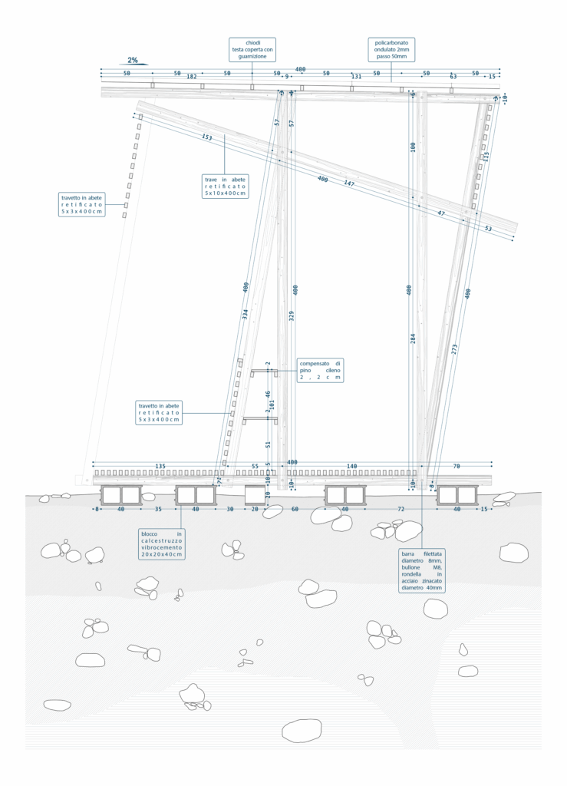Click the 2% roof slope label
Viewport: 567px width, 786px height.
click(x=133, y=60)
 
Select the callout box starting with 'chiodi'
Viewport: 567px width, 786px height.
click(x=252, y=47)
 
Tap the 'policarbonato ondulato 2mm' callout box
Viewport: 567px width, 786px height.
click(x=391, y=47)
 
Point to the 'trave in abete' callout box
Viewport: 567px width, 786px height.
click(x=225, y=187)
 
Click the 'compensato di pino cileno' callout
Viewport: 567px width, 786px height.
click(x=320, y=370)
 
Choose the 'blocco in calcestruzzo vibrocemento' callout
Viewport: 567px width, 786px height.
click(x=162, y=543)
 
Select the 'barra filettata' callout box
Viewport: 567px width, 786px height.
click(x=421, y=571)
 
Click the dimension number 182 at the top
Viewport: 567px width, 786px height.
click(x=192, y=77)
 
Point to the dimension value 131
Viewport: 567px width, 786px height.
click(x=356, y=77)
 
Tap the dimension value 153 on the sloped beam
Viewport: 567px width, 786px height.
click(x=206, y=137)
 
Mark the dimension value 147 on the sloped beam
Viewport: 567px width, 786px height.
click(x=349, y=183)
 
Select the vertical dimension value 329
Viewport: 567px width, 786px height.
click(x=292, y=315)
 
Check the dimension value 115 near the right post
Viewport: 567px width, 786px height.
click(x=486, y=156)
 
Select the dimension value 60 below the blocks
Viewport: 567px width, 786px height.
click(x=295, y=509)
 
